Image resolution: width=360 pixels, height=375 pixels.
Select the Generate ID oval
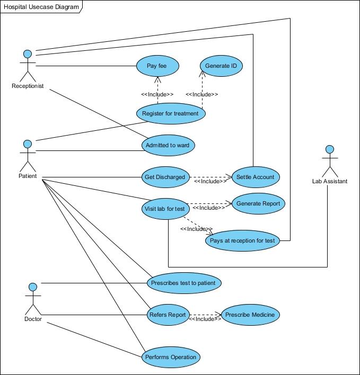click(x=221, y=66)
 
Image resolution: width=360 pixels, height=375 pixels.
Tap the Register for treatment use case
click(x=171, y=113)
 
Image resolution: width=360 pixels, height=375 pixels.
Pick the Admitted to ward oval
click(x=169, y=145)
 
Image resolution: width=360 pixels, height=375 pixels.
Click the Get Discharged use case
click(x=165, y=177)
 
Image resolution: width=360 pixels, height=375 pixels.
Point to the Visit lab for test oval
click(x=165, y=208)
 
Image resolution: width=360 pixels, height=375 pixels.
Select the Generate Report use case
click(x=258, y=203)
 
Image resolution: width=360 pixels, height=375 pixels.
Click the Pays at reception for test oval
click(x=242, y=240)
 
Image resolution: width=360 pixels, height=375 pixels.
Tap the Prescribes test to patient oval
click(x=183, y=283)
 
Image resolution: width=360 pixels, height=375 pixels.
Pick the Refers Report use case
click(x=168, y=315)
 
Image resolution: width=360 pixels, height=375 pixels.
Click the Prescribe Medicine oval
click(x=250, y=315)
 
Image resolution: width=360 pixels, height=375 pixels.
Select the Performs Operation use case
click(x=171, y=357)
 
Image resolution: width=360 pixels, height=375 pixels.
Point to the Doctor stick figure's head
click(x=33, y=287)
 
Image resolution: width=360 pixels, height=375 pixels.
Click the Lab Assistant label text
click(x=329, y=181)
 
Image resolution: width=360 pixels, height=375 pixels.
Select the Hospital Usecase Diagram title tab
click(x=41, y=7)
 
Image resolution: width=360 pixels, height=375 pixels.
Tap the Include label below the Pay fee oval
click(x=157, y=94)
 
